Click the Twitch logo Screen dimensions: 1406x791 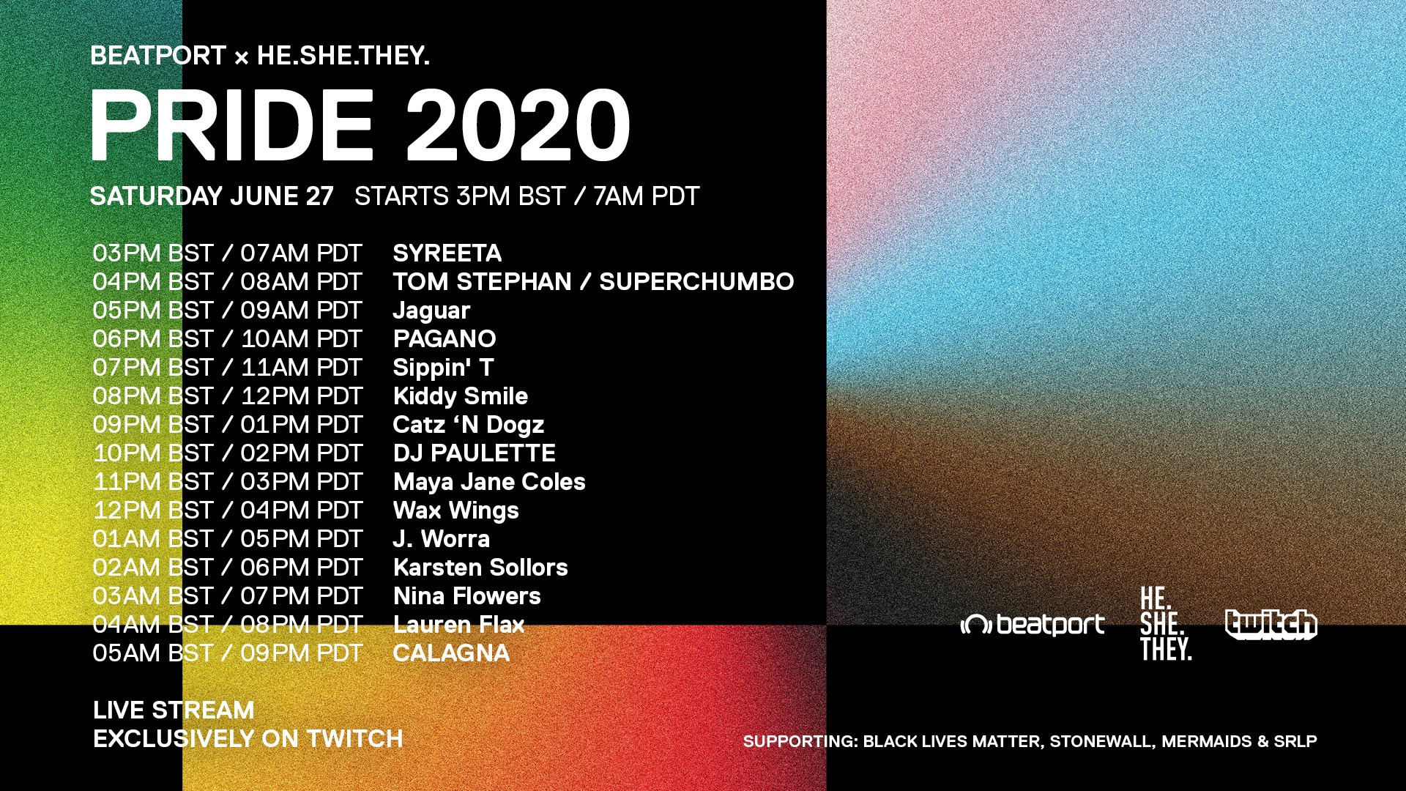pyautogui.click(x=1271, y=625)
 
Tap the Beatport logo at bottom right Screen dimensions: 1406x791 pyautogui.click(x=1033, y=625)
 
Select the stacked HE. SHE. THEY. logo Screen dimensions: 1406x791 pyautogui.click(x=1166, y=624)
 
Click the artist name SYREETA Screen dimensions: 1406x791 pyautogui.click(x=447, y=253)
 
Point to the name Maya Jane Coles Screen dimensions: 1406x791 pyautogui.click(x=489, y=482)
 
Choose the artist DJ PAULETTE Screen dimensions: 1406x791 pyautogui.click(x=474, y=453)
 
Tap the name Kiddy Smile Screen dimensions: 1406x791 pyautogui.click(x=460, y=396)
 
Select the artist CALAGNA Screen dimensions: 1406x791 pyautogui.click(x=451, y=653)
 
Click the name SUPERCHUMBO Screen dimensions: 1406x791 pyautogui.click(x=696, y=282)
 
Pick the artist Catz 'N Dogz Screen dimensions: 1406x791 pyautogui.click(x=468, y=425)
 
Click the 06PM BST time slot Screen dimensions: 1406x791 pyautogui.click(x=153, y=339)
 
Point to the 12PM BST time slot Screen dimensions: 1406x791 pyautogui.click(x=153, y=510)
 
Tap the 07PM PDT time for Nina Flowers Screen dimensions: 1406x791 pyautogui.click(x=302, y=596)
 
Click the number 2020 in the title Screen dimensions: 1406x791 pyautogui.click(x=518, y=125)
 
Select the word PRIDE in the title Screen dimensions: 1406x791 pyautogui.click(x=232, y=125)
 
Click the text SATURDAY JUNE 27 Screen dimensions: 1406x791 pyautogui.click(x=212, y=196)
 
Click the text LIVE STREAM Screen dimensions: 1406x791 pyautogui.click(x=174, y=710)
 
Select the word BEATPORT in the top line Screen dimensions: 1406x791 pyautogui.click(x=158, y=56)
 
